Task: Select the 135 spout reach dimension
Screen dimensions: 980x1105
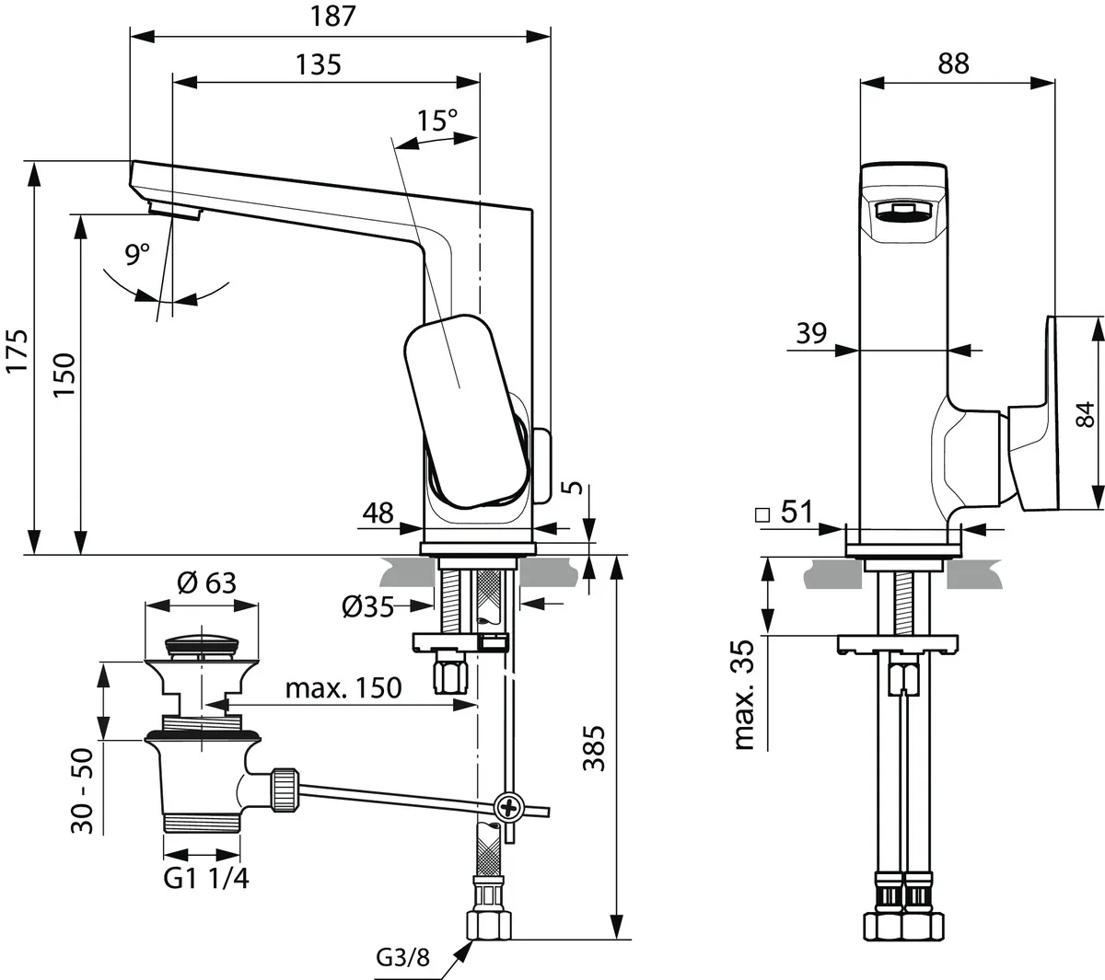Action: (x=319, y=64)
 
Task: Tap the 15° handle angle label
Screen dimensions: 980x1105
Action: (x=436, y=121)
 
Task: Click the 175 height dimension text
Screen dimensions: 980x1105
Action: (x=18, y=352)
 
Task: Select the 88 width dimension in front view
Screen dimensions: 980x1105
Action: (x=954, y=63)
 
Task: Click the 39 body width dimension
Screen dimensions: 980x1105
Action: (x=811, y=333)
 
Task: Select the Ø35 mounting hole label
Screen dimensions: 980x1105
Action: (x=367, y=605)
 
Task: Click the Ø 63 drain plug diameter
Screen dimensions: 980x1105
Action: (x=205, y=582)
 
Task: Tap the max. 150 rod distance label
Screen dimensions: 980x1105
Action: (x=343, y=687)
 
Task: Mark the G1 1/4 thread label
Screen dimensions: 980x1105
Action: (x=206, y=878)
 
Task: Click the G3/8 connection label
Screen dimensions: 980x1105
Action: (x=401, y=958)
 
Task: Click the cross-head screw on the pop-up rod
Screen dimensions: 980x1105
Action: (x=507, y=807)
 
